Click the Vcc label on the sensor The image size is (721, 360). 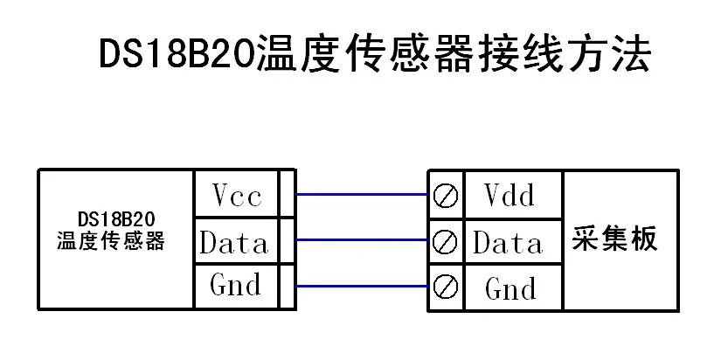click(x=237, y=196)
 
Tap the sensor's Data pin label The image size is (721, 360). click(x=234, y=242)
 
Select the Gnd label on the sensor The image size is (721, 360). click(x=235, y=284)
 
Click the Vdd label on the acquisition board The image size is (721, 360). click(x=510, y=195)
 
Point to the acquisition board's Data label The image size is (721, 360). click(x=508, y=242)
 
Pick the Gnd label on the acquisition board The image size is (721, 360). click(x=510, y=289)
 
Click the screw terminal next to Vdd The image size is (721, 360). click(x=446, y=197)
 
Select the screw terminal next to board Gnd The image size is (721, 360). click(x=446, y=287)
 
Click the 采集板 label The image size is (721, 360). click(x=614, y=239)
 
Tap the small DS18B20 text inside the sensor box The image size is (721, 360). click(x=116, y=220)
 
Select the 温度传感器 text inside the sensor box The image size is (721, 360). click(x=111, y=240)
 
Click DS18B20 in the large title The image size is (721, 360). click(x=177, y=54)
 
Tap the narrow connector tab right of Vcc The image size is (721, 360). click(x=288, y=193)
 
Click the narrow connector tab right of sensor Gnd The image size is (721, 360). click(x=288, y=287)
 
